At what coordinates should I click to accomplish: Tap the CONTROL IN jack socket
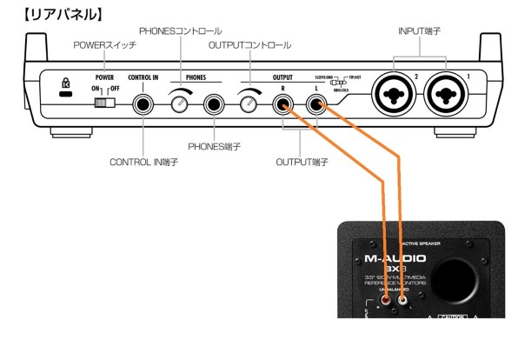143,105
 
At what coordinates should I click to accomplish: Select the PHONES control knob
180,105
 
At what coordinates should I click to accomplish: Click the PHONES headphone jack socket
213,105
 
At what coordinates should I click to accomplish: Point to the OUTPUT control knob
249,105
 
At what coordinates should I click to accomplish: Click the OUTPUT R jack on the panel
282,105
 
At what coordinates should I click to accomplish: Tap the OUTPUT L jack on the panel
316,105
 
